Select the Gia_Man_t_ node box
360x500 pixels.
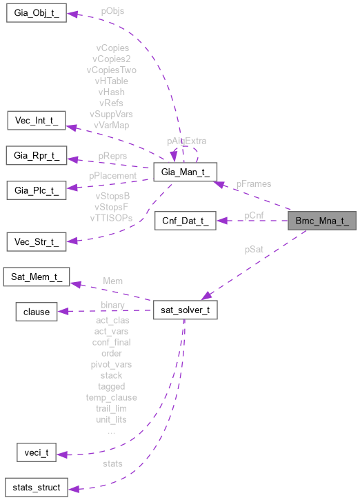[186, 172]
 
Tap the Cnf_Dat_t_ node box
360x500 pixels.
[186, 221]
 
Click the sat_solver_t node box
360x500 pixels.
[186, 310]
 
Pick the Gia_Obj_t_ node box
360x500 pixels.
[36, 14]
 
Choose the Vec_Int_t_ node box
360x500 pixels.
[36, 121]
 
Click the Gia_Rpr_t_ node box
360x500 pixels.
[36, 156]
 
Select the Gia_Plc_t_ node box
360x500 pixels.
[36, 189]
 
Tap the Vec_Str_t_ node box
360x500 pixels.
[36, 242]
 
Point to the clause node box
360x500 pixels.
[37, 312]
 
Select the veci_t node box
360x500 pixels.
[36, 453]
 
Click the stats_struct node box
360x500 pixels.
[36, 488]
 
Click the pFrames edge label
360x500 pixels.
[253, 184]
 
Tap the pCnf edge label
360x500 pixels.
[254, 215]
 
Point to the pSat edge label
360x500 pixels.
[254, 249]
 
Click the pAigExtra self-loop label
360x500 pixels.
[186, 141]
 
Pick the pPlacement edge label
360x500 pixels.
[112, 176]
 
